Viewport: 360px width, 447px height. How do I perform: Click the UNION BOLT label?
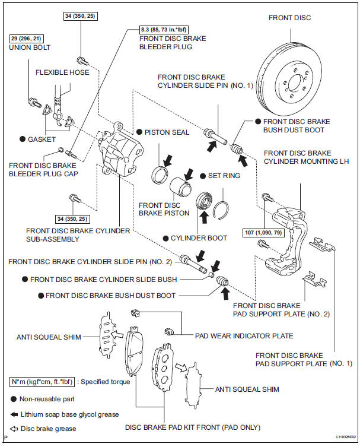click(31, 47)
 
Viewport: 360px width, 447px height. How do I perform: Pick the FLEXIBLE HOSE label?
click(62, 72)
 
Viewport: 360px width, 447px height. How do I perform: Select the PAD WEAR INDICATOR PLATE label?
click(244, 335)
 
